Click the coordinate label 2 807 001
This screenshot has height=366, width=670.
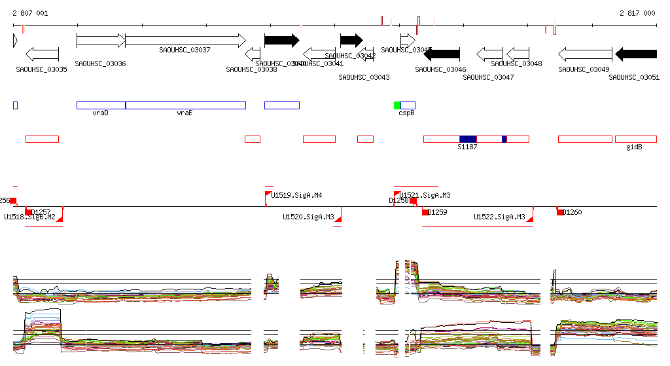[30, 13]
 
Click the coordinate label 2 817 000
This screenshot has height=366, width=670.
[637, 13]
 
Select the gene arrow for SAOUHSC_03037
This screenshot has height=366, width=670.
[185, 40]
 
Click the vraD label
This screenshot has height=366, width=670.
[100, 113]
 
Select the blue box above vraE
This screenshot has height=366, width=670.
[186, 105]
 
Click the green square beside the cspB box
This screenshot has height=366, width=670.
[397, 105]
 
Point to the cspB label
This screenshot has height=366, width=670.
[406, 113]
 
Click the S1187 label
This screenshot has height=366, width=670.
[467, 147]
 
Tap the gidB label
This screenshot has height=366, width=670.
[634, 147]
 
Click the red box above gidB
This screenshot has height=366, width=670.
[635, 139]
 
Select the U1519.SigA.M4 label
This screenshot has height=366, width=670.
[296, 195]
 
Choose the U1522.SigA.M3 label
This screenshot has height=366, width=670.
[499, 217]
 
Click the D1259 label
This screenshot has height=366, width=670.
[438, 212]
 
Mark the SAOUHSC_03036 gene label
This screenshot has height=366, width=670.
[100, 64]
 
